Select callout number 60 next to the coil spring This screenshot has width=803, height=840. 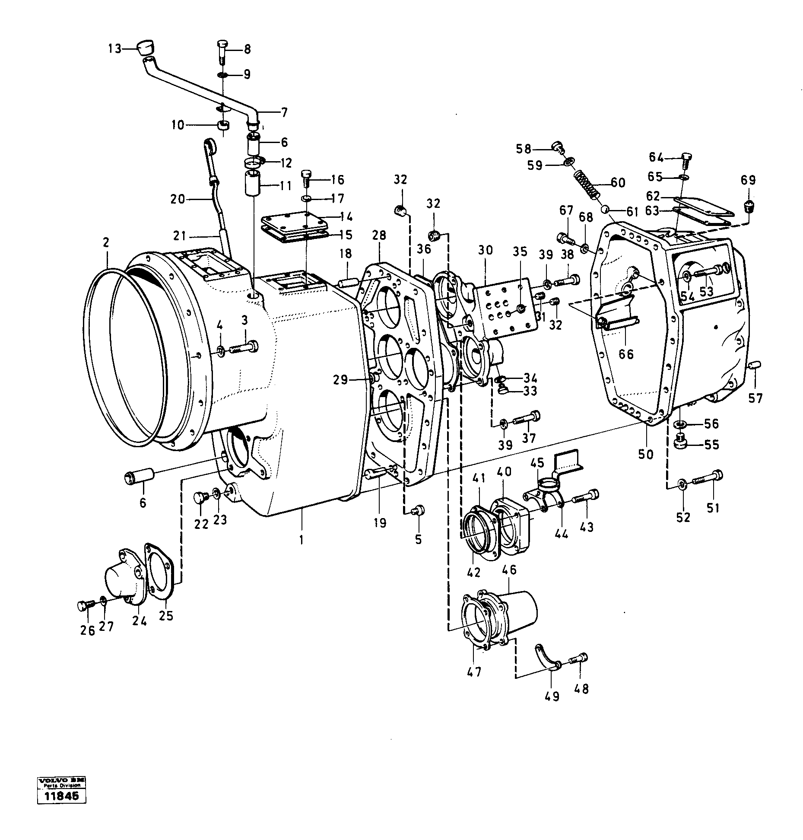coord(618,183)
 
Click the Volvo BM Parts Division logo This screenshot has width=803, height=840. coord(61,793)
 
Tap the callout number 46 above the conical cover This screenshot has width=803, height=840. coord(509,570)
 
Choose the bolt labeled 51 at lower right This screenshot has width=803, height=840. coord(708,477)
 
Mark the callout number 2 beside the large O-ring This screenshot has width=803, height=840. coord(105,243)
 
